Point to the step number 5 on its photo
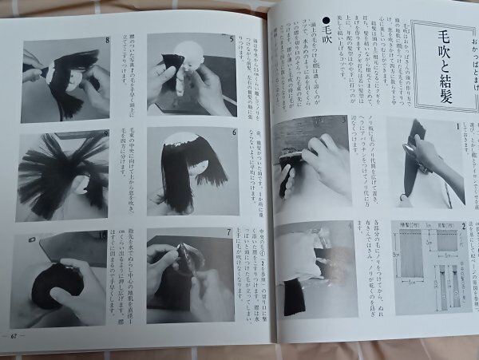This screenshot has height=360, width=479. click(232, 38)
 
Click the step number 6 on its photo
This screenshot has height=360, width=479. click(233, 133)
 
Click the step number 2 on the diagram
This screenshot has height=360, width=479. click(461, 227)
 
